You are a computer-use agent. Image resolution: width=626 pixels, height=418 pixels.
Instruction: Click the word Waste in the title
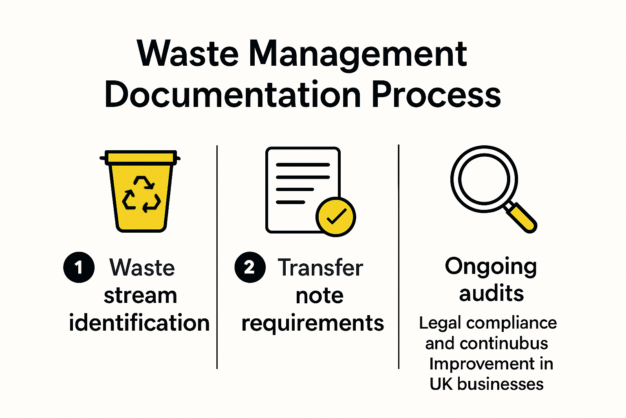coord(188,54)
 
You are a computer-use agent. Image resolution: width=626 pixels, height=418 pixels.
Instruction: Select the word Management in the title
coord(357,55)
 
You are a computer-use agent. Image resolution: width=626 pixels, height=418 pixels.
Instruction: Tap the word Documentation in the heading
coord(233,95)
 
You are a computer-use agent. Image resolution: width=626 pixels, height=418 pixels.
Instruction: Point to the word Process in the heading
coord(436,95)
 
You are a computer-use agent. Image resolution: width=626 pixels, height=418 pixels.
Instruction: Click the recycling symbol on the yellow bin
coord(141,194)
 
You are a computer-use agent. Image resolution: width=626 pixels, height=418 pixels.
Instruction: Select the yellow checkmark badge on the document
coord(335,217)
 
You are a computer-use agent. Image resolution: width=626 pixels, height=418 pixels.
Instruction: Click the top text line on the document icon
coord(302,165)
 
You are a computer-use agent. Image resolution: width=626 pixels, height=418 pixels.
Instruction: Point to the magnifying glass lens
coord(484,179)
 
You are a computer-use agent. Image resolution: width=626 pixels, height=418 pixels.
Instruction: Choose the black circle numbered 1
coord(79,268)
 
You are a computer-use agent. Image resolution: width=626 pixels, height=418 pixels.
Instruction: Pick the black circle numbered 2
coord(250,268)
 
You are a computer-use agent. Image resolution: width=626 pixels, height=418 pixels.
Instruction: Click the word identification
coord(139,323)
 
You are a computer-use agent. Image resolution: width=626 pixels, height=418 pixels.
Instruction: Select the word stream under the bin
coord(140,295)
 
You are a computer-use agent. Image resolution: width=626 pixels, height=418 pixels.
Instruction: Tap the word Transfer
coord(320,268)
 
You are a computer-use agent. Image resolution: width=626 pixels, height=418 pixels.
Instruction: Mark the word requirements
coord(313,323)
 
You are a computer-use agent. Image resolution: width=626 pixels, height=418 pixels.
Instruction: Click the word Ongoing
coord(491,267)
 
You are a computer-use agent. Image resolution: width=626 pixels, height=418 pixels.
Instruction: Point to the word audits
coord(491,293)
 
